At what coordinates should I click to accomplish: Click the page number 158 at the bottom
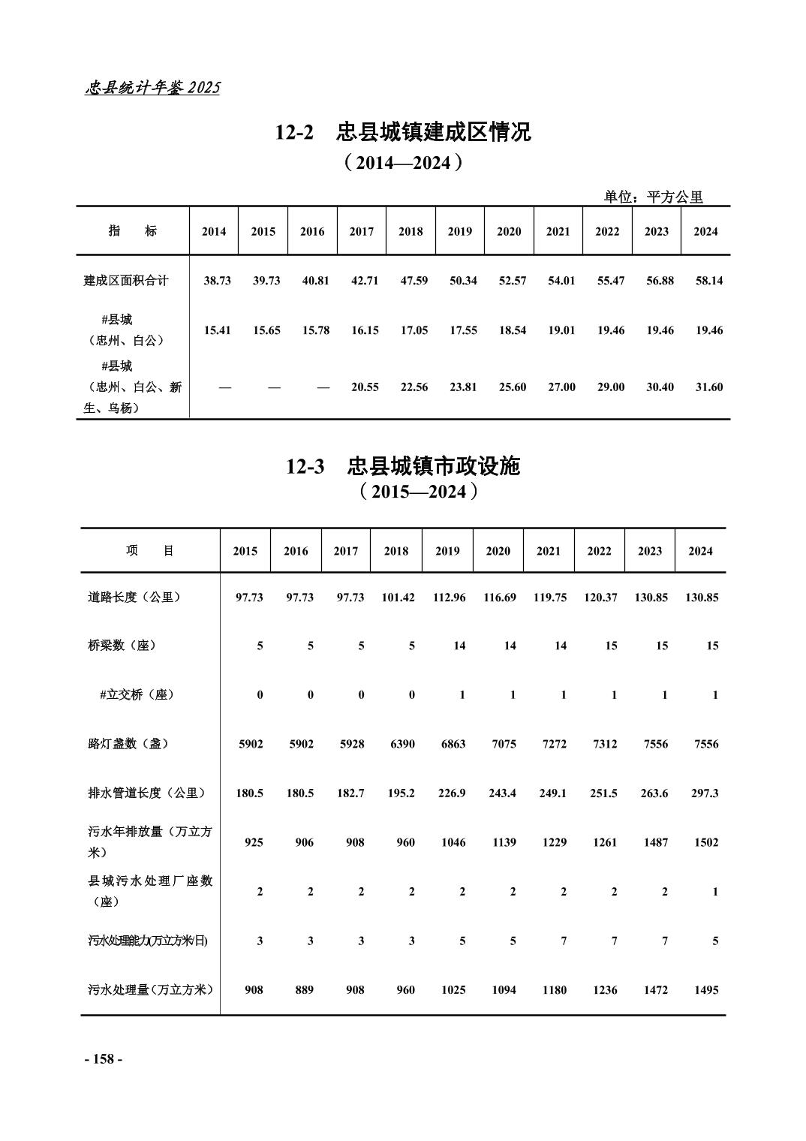(x=103, y=1059)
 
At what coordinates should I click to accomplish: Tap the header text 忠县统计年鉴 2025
(x=152, y=88)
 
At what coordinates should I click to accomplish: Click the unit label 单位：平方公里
(x=654, y=197)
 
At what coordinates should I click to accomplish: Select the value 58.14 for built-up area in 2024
(x=708, y=281)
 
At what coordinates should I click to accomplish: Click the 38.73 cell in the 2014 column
(x=217, y=281)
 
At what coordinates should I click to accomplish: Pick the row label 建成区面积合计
(x=125, y=281)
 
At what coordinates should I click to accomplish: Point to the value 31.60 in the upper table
(x=708, y=387)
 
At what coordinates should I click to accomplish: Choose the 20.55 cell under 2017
(x=365, y=387)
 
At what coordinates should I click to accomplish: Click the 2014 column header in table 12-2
(x=214, y=232)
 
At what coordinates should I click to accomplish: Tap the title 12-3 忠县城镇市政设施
(x=403, y=466)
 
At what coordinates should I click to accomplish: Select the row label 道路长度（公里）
(x=134, y=598)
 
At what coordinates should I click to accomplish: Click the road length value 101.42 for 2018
(x=398, y=598)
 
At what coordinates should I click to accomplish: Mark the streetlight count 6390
(x=402, y=744)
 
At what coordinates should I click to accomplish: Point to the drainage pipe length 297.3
(x=704, y=793)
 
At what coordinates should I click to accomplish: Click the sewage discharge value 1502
(x=705, y=842)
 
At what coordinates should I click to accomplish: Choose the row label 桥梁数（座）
(x=122, y=646)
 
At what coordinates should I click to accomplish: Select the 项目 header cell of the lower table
(x=150, y=551)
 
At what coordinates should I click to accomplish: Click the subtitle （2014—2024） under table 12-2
(x=403, y=162)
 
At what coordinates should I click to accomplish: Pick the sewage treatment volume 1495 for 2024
(x=705, y=990)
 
